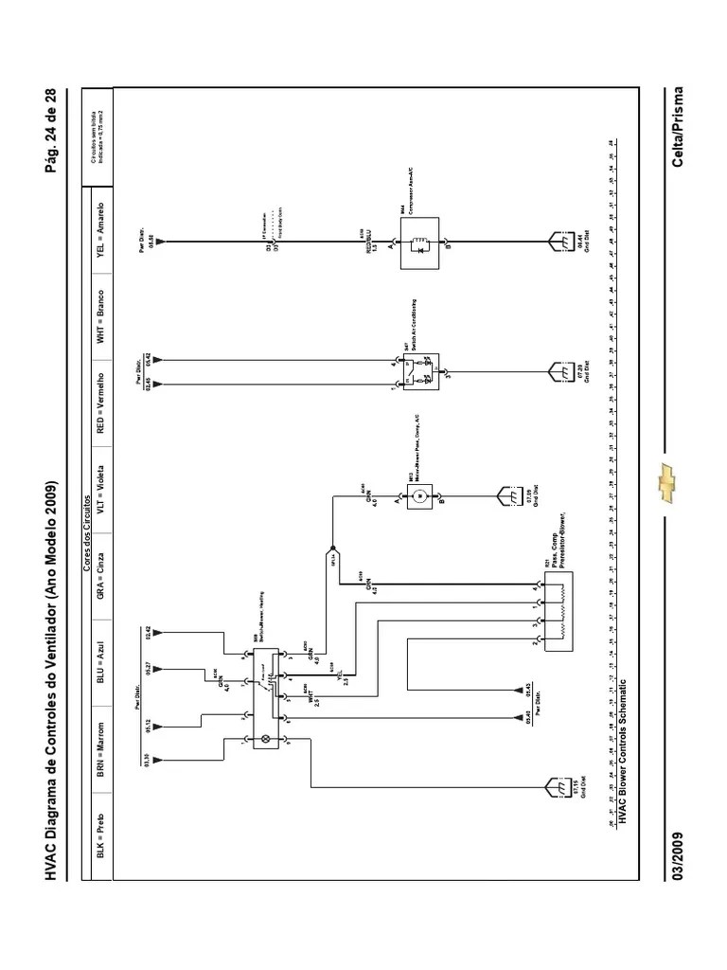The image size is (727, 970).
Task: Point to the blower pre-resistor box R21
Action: [x=561, y=614]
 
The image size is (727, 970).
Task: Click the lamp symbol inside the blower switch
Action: [x=265, y=738]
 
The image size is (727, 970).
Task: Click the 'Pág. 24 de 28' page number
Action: [x=64, y=132]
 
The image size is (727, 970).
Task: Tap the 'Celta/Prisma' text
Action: [x=678, y=124]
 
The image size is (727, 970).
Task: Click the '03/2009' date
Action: [x=678, y=856]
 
